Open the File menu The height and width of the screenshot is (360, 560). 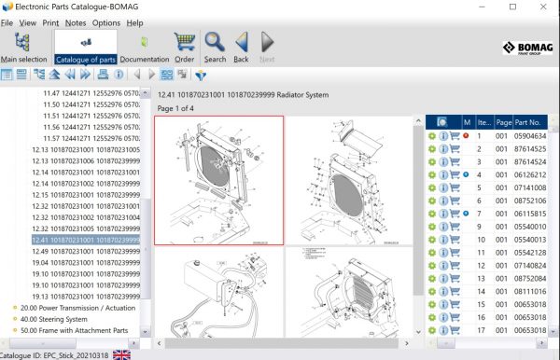7,22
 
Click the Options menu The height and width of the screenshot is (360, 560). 105,22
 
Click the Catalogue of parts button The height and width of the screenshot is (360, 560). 85,48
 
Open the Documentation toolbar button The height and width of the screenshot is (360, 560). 144,48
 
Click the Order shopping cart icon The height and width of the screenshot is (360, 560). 184,48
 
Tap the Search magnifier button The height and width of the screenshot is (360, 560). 215,48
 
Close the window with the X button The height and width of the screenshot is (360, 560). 539,7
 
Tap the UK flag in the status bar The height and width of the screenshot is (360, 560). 121,354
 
